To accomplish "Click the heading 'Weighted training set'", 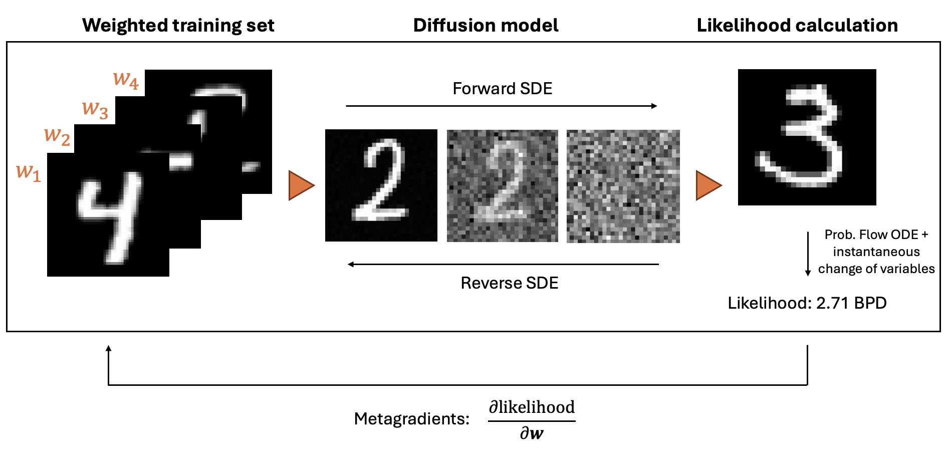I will [x=178, y=25].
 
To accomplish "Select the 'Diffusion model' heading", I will [x=486, y=25].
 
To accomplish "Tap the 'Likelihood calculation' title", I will [x=797, y=25].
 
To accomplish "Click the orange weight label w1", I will [x=29, y=172].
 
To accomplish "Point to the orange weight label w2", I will [x=57, y=136].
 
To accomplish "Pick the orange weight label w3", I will [x=95, y=109].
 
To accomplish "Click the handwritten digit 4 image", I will [x=108, y=214].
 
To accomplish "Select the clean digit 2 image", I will [x=381, y=185].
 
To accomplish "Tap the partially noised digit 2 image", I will [x=502, y=186].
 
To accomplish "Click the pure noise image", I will [x=623, y=186].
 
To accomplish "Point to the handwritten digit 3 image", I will [x=807, y=137].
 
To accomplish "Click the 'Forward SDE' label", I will [x=502, y=89].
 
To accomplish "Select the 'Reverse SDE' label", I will [x=509, y=283].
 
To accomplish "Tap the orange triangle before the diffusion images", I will [x=301, y=185].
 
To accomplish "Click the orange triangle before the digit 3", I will [x=708, y=185].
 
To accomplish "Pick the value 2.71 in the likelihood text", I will [x=832, y=303].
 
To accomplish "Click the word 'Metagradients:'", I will [x=411, y=418].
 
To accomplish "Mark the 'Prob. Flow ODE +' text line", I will [x=876, y=235].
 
